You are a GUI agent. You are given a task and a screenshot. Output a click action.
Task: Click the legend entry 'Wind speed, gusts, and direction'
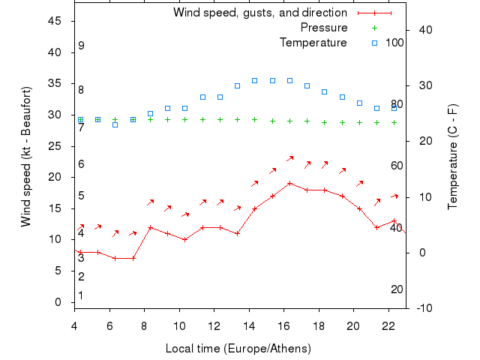click(x=259, y=13)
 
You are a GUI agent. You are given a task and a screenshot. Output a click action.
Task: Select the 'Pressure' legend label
click(x=324, y=28)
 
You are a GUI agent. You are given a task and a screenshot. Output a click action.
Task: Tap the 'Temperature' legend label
click(x=313, y=43)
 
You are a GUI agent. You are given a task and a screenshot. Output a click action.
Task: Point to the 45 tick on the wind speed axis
click(x=55, y=21)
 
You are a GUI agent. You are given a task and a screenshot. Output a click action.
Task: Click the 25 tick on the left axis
click(x=55, y=145)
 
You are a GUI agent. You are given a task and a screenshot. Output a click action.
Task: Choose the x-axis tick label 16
click(x=283, y=325)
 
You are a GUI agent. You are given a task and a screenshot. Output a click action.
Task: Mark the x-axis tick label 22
click(x=388, y=325)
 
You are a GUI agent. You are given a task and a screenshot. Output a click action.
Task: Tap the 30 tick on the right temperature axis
click(x=422, y=85)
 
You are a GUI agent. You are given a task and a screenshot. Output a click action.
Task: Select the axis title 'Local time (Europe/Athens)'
click(x=238, y=349)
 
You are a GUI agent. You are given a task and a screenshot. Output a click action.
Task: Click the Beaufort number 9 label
click(x=81, y=46)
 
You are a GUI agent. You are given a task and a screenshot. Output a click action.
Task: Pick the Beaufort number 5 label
click(x=81, y=196)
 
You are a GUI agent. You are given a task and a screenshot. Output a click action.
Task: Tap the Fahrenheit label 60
click(x=397, y=166)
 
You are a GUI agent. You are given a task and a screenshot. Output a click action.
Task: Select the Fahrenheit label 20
click(x=397, y=289)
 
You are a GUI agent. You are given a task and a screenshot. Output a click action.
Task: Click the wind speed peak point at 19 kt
click(x=290, y=183)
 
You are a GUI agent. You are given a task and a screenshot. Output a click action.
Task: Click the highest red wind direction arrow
click(x=290, y=158)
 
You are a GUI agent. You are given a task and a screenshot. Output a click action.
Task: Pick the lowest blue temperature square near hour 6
click(x=115, y=124)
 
